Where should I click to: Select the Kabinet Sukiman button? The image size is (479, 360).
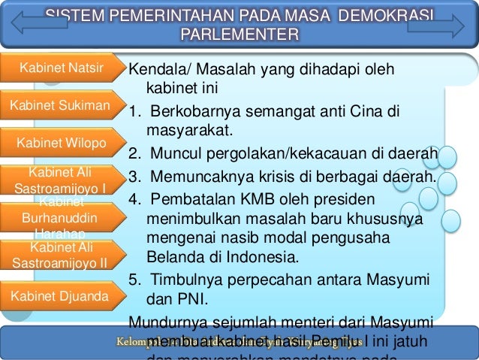pos(60,105)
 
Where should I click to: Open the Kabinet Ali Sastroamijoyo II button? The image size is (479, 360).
pos(60,255)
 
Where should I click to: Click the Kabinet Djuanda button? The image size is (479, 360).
pos(60,295)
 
